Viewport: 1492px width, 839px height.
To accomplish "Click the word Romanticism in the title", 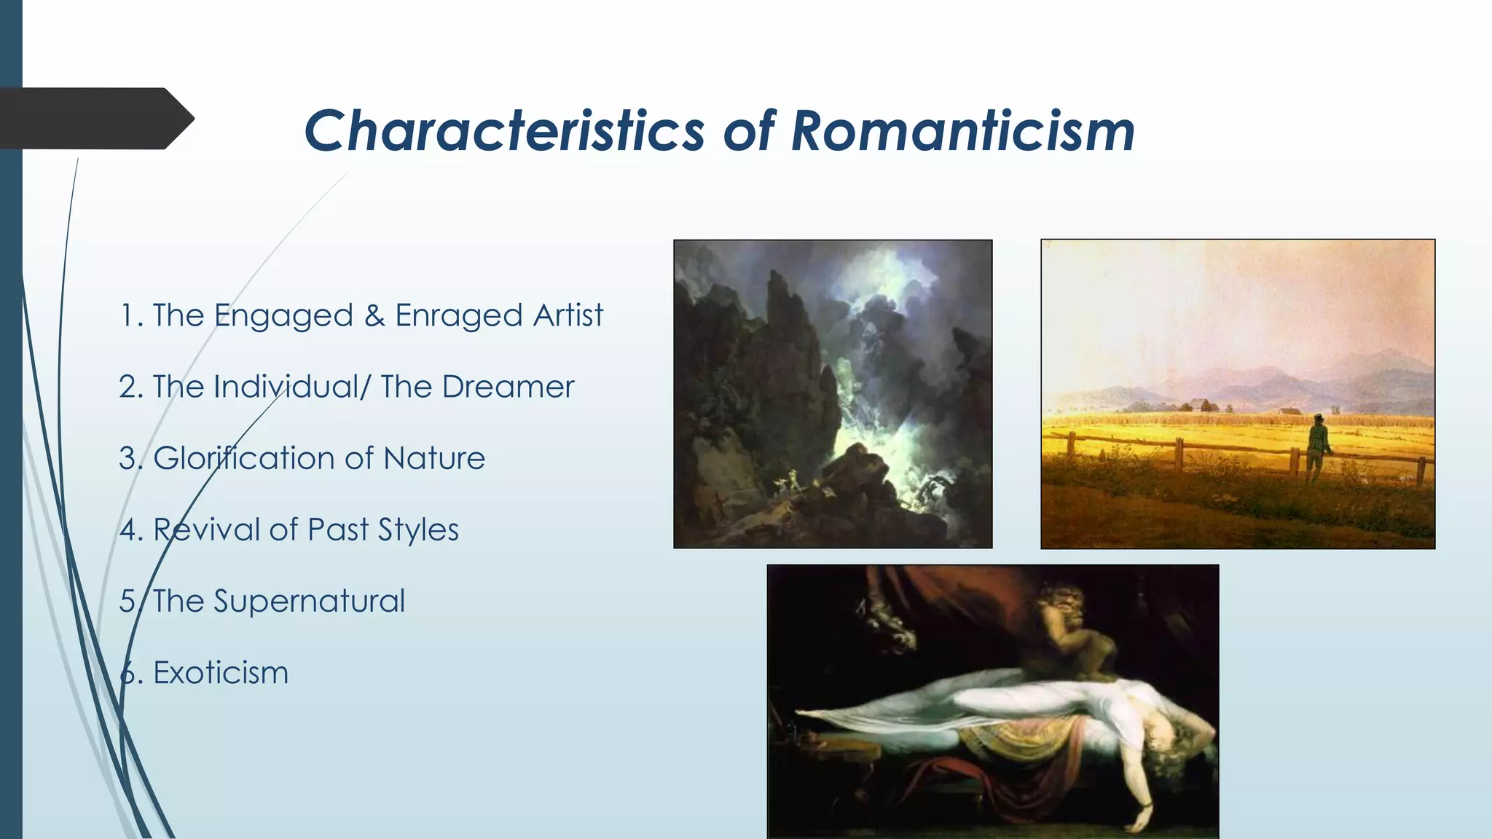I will coord(962,131).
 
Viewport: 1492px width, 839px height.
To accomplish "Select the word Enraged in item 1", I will coord(459,315).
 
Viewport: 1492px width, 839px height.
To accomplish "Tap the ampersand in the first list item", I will coord(374,315).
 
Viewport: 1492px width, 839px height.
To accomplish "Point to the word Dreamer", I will coord(508,387).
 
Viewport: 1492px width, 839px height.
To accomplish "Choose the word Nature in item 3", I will coord(434,458).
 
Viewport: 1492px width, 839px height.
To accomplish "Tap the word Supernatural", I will coord(309,602).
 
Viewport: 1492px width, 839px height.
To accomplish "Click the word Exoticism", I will coord(221,672).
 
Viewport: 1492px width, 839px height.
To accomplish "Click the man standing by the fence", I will coord(1316,446).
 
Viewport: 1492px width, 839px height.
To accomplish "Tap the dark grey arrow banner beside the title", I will coord(95,119).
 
